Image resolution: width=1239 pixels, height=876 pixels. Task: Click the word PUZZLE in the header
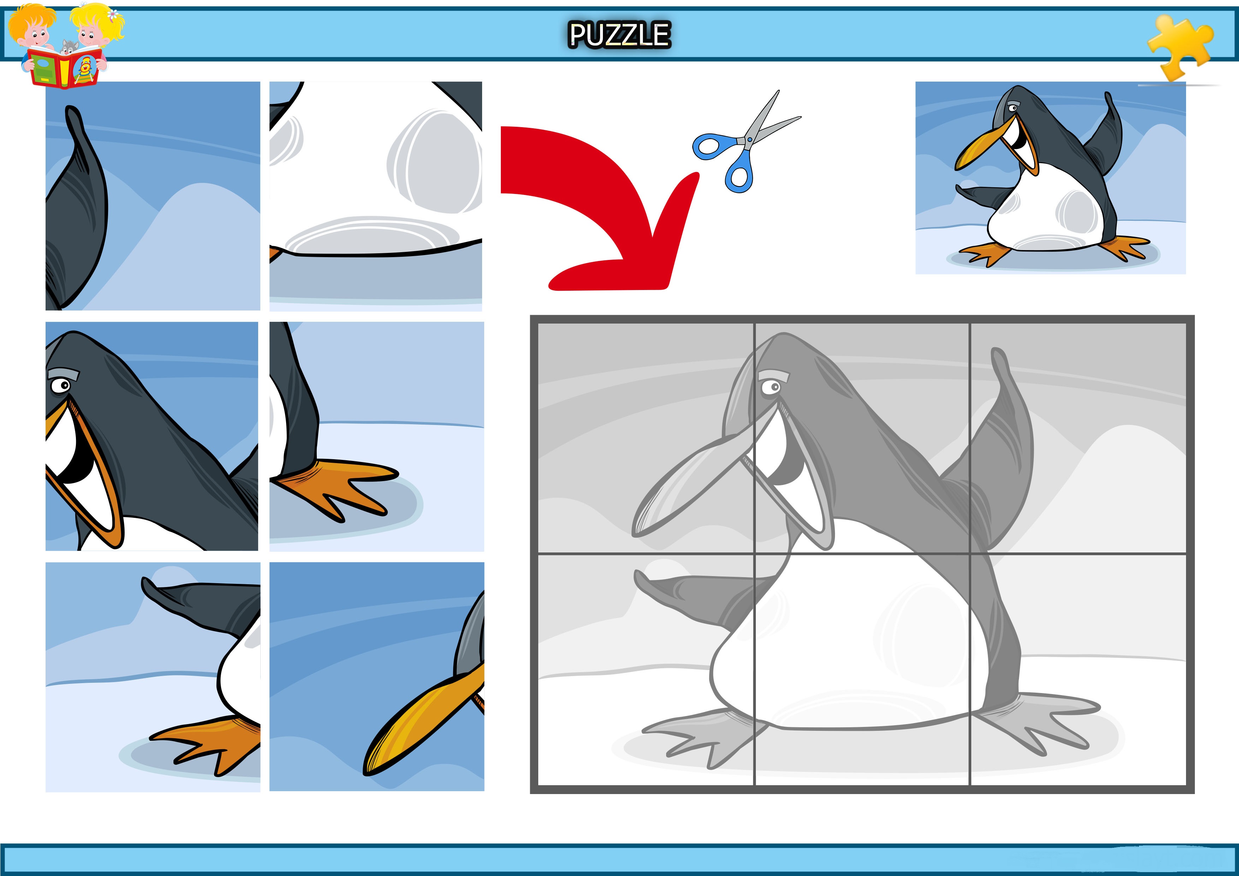tap(619, 35)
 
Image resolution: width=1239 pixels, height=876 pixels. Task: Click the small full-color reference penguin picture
tap(1050, 178)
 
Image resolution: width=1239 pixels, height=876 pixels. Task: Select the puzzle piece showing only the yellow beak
tap(377, 677)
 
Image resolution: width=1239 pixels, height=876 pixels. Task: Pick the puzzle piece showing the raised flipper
tap(153, 196)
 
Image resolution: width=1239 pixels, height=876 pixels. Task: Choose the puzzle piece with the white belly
tap(375, 196)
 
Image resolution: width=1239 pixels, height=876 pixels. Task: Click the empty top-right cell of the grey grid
tap(1078, 438)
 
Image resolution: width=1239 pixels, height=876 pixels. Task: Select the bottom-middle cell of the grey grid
tap(862, 669)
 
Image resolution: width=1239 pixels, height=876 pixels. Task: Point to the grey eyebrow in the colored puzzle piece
tap(64, 373)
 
